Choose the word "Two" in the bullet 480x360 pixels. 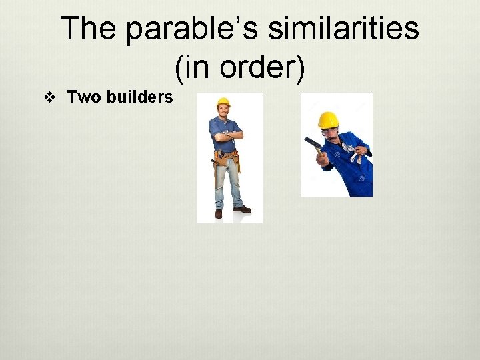[x=85, y=97]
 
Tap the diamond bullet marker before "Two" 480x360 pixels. [x=48, y=98]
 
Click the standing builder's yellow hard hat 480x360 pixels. [x=223, y=102]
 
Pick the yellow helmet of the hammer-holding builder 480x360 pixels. [x=327, y=120]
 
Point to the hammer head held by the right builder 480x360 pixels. [x=311, y=141]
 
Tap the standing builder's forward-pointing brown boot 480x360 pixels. [x=243, y=209]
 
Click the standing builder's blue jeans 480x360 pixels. [x=227, y=183]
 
